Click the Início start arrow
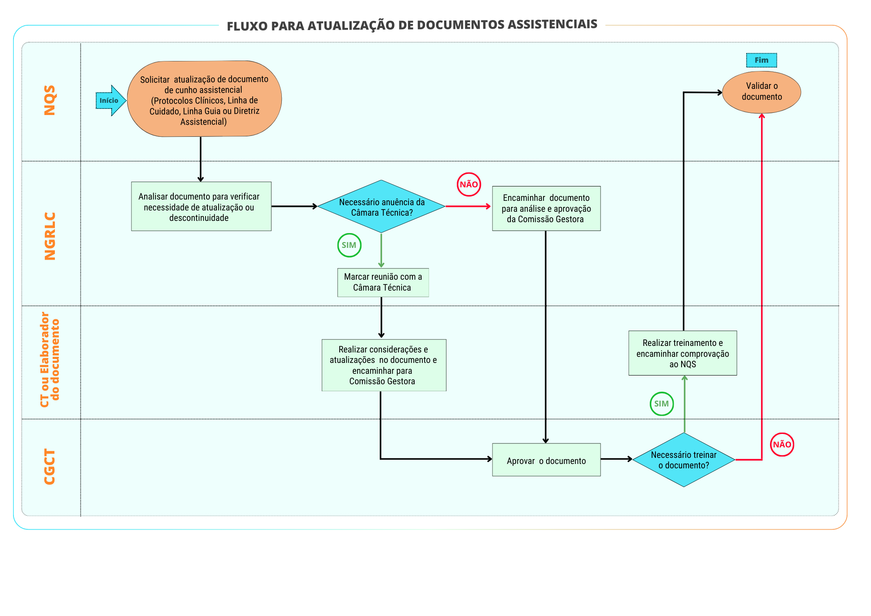coord(111,101)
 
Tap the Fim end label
coord(761,60)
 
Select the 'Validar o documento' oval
coord(762,92)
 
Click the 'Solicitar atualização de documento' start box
coord(204,99)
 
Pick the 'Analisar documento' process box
coord(201,206)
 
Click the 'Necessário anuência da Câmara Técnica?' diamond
coord(381,206)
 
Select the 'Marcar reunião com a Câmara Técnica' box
coord(383,282)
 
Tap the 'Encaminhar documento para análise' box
coord(546,208)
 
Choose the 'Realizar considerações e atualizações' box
coord(384,365)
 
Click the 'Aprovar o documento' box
coord(546,460)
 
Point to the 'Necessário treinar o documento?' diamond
coord(684,460)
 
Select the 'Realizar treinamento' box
coord(683,353)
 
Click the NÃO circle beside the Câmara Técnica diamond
coord(469,184)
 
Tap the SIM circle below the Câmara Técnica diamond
coord(349,245)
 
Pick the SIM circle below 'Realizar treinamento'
coord(662,404)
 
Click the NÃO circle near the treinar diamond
coord(782,444)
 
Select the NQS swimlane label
coord(50,100)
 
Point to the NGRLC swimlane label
coord(50,236)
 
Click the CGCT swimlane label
coord(50,467)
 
